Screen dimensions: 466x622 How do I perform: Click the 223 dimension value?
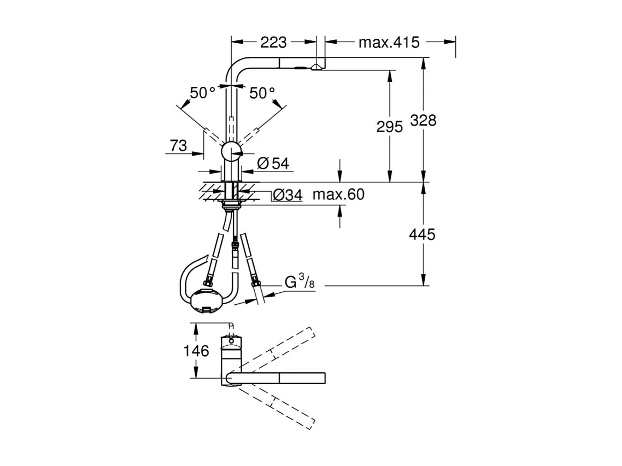274,42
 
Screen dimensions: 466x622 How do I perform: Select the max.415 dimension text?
389,42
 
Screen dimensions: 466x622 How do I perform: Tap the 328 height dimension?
423,120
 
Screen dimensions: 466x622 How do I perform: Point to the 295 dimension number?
389,127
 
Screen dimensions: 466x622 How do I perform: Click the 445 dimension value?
422,234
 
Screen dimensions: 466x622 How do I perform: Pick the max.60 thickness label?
338,194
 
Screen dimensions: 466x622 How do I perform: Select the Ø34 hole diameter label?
287,195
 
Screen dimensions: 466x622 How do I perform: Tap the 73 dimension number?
178,146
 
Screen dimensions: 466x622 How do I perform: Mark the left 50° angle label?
202,93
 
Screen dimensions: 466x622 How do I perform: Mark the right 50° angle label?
262,93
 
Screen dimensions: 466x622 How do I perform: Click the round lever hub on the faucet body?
231,151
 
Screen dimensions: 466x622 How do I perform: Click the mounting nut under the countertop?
232,205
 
